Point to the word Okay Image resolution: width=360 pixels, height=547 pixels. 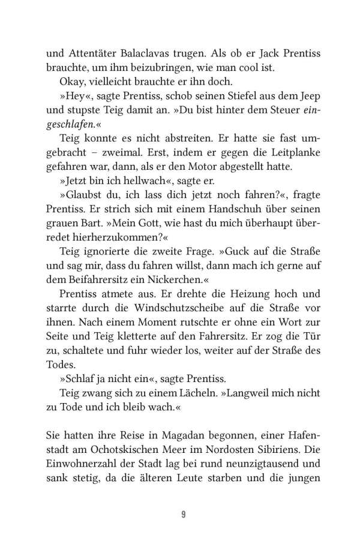[73, 82]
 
